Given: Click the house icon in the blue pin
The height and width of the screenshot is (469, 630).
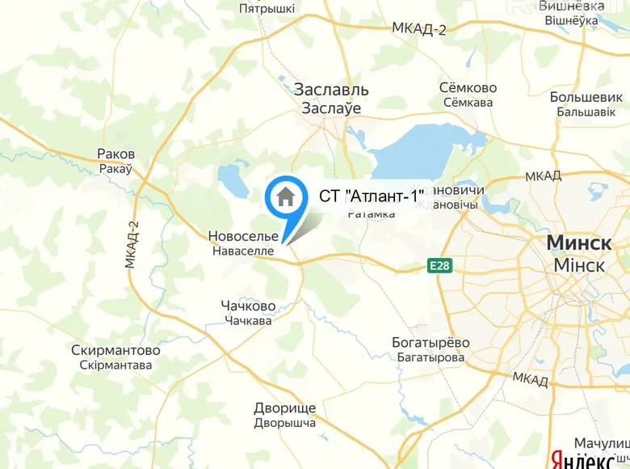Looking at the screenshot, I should pyautogui.click(x=285, y=196).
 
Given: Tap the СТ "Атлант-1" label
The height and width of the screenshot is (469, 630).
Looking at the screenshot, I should pyautogui.click(x=372, y=195).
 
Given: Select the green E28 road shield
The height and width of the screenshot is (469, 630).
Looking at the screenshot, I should pyautogui.click(x=439, y=265).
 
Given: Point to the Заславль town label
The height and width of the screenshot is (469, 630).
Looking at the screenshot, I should pyautogui.click(x=331, y=89).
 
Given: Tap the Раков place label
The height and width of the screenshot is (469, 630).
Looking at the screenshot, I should pyautogui.click(x=115, y=154).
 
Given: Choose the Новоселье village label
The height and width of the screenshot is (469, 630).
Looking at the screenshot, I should pyautogui.click(x=243, y=236).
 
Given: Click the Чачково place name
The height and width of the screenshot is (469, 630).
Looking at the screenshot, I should pyautogui.click(x=248, y=306).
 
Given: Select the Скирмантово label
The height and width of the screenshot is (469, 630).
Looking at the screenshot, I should pyautogui.click(x=115, y=351).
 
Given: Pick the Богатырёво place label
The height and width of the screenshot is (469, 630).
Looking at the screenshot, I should pyautogui.click(x=430, y=342).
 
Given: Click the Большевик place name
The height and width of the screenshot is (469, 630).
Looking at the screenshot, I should pyautogui.click(x=588, y=96).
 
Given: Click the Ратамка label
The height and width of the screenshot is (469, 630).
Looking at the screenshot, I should pyautogui.click(x=371, y=213).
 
